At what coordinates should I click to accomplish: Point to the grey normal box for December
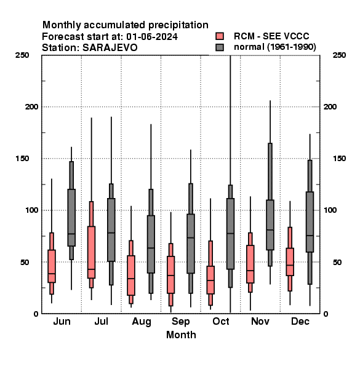coord(310,222)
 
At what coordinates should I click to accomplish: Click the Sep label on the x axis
coord(181,322)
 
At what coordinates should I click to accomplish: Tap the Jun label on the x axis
coord(62,321)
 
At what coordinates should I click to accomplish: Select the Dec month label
coord(300,321)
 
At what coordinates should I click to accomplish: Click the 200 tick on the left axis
coord(31,106)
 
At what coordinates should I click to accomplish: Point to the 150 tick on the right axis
coord(339,159)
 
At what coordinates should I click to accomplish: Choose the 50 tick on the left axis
coord(25,262)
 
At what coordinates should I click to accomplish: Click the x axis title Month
coord(181,335)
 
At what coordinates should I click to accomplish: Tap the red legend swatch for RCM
coord(220,36)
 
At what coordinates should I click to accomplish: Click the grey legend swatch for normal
coord(220,47)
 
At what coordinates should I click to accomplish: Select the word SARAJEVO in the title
coord(110,48)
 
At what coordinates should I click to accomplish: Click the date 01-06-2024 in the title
coord(152,37)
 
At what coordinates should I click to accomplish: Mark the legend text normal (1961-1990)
coord(275,47)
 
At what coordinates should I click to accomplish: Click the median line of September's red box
coord(170,275)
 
